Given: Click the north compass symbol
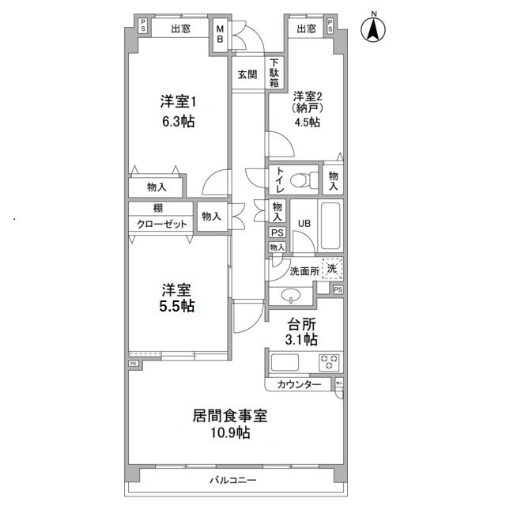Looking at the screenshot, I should (372, 31).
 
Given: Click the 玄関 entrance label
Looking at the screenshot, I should (246, 75).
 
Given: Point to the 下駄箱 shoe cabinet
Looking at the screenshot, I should (274, 73).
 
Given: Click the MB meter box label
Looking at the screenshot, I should (221, 36).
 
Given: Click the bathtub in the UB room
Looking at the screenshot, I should (326, 222).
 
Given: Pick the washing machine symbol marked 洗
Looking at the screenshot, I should (333, 269).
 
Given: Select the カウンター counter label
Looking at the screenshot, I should (299, 385).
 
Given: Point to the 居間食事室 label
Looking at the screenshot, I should (229, 414).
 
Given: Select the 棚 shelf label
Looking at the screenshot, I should (159, 209).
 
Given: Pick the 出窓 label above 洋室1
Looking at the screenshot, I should (180, 29).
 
